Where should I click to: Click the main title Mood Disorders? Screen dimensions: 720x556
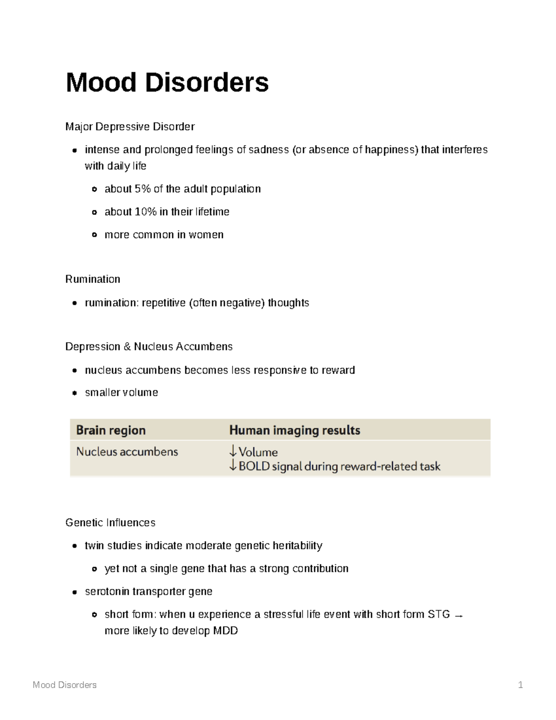(x=167, y=83)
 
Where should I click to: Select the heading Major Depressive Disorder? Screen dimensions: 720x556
(x=130, y=127)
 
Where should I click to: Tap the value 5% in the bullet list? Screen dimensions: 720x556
(x=142, y=189)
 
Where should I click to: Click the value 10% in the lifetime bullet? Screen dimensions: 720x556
(x=145, y=212)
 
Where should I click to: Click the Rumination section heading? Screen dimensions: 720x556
(x=93, y=279)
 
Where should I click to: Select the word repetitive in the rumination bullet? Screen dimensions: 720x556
(x=164, y=303)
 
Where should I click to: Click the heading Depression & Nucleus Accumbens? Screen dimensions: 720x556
(x=149, y=347)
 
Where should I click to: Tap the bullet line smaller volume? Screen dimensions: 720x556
(x=121, y=393)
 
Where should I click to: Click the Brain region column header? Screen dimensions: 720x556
(x=111, y=430)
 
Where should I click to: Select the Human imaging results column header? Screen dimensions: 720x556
(x=295, y=430)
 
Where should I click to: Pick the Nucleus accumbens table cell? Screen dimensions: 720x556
(x=127, y=452)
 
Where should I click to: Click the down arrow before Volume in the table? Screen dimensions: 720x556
(x=233, y=451)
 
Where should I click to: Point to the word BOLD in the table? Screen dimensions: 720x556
(x=254, y=466)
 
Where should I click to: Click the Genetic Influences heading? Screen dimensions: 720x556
(x=110, y=522)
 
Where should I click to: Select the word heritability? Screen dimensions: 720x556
(x=297, y=546)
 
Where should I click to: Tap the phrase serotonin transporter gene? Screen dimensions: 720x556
(x=148, y=592)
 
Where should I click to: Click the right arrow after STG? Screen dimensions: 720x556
(x=459, y=616)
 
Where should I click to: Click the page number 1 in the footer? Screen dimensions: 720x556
(x=520, y=685)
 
